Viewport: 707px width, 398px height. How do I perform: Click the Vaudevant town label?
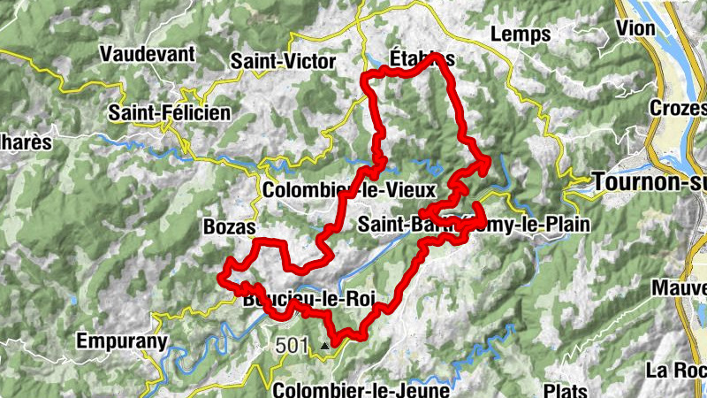(x=148, y=54)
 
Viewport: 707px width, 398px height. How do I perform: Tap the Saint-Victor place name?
(x=283, y=61)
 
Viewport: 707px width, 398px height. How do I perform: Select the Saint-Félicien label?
(x=169, y=113)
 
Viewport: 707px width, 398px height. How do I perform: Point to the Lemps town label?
(x=520, y=34)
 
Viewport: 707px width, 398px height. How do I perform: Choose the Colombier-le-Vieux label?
(x=349, y=190)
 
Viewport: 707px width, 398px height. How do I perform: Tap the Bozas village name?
(x=229, y=227)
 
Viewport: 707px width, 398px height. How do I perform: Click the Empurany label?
(x=122, y=341)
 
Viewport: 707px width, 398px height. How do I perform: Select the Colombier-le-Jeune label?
(x=361, y=388)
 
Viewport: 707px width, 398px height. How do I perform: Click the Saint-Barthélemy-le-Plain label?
(x=473, y=225)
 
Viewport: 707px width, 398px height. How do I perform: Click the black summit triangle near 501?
(x=325, y=346)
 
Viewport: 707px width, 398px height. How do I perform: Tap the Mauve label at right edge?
(x=680, y=287)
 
